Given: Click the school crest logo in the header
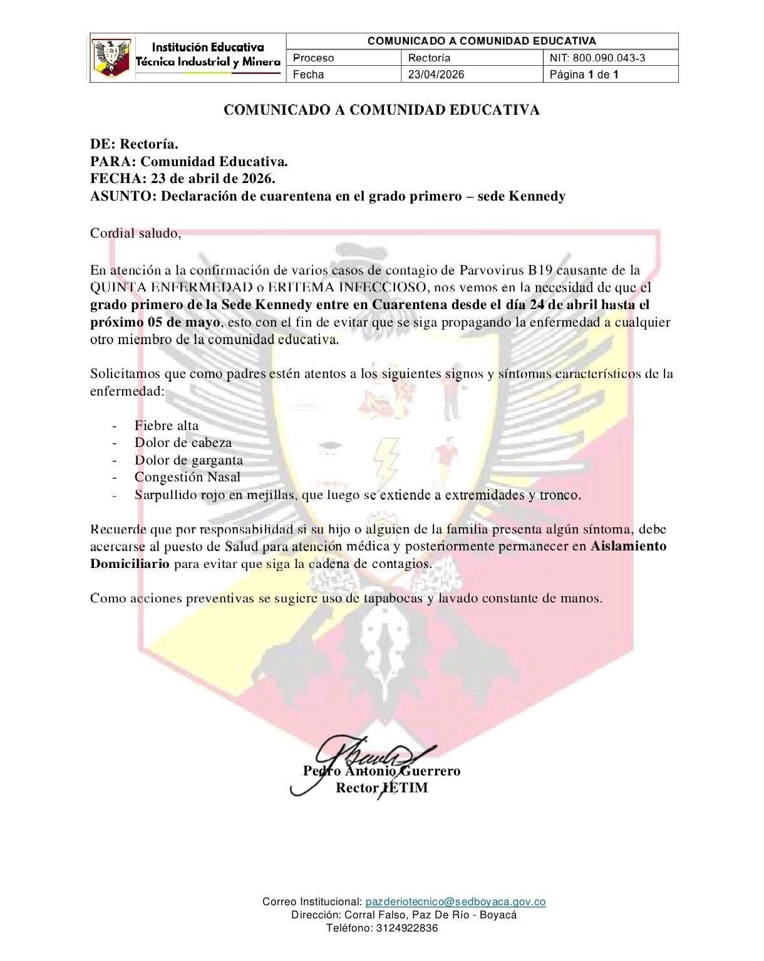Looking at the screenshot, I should [x=113, y=58].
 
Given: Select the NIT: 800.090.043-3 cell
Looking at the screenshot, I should [x=597, y=58].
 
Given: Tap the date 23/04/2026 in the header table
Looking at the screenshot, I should [x=436, y=75].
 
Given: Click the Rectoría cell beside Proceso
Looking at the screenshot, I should [x=429, y=58].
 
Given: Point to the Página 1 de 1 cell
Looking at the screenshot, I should [x=584, y=75].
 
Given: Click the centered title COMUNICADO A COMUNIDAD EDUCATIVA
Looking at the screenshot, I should [x=382, y=110].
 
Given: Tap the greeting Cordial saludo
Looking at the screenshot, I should [x=136, y=234].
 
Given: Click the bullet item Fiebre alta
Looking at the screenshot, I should [x=166, y=426].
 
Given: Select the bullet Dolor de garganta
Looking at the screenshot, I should [x=188, y=460].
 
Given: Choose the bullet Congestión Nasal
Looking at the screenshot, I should [x=187, y=477].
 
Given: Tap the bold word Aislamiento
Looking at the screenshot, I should [x=628, y=546].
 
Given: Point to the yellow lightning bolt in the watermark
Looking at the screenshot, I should [x=385, y=457].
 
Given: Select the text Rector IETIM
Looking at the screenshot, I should [x=382, y=788].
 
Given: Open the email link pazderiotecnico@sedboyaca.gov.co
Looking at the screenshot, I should [x=455, y=902].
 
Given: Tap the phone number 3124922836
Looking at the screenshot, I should [x=407, y=928].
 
